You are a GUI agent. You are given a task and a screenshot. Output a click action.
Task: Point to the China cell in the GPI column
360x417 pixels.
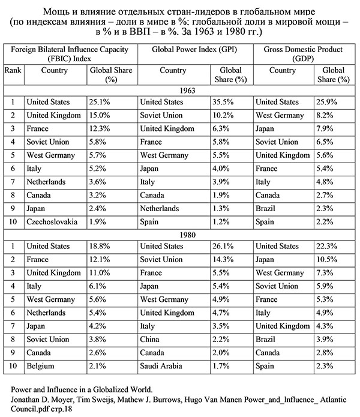pos(151,338)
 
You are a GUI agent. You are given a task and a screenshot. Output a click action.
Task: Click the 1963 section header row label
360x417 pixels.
pos(180,90)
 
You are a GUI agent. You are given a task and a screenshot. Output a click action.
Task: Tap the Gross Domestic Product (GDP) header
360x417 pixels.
pos(305,55)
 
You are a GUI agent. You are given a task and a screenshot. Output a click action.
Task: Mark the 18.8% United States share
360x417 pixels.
pos(100,247)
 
